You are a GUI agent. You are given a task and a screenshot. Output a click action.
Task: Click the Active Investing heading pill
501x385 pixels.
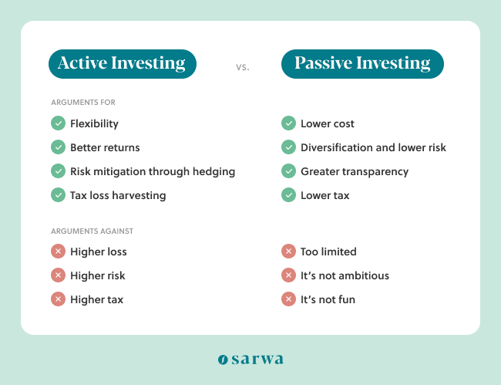pyautogui.click(x=122, y=64)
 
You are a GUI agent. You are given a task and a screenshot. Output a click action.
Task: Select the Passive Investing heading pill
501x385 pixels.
pyautogui.click(x=362, y=64)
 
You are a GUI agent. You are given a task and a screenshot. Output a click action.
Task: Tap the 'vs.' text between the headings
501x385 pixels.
pyautogui.click(x=243, y=66)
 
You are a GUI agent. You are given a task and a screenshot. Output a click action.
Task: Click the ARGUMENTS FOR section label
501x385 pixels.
pyautogui.click(x=83, y=103)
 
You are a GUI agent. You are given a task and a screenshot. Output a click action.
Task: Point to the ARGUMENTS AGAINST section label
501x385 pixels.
pyautogui.click(x=92, y=231)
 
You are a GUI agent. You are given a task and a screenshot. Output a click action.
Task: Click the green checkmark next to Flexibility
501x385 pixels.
pyautogui.click(x=58, y=123)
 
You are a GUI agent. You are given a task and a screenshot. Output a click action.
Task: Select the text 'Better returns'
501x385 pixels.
pyautogui.click(x=105, y=147)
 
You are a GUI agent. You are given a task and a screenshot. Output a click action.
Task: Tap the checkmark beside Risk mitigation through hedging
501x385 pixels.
pyautogui.click(x=58, y=171)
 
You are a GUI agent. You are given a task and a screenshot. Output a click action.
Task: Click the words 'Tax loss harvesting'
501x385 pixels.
pyautogui.click(x=118, y=195)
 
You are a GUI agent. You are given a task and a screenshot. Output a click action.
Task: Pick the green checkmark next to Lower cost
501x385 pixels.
pyautogui.click(x=288, y=123)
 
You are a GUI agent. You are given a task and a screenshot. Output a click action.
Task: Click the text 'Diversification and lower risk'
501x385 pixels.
pyautogui.click(x=373, y=147)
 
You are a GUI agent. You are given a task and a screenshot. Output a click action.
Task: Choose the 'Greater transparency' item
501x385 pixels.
pyautogui.click(x=355, y=171)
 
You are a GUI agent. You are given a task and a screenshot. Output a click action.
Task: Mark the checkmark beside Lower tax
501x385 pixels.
pyautogui.click(x=288, y=195)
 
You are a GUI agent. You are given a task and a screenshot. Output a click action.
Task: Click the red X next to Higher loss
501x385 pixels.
pyautogui.click(x=58, y=252)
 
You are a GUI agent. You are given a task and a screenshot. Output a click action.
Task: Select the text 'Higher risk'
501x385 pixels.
pyautogui.click(x=97, y=275)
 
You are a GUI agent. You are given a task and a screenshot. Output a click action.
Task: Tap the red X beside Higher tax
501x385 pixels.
pyautogui.click(x=58, y=299)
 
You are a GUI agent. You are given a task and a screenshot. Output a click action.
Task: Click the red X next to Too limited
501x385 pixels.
pyautogui.click(x=288, y=252)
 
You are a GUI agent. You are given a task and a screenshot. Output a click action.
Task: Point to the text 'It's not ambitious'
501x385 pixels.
pyautogui.click(x=345, y=275)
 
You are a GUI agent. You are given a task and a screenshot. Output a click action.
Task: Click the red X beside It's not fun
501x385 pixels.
pyautogui.click(x=288, y=299)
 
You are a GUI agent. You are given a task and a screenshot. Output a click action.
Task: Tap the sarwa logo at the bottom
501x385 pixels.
pyautogui.click(x=250, y=359)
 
